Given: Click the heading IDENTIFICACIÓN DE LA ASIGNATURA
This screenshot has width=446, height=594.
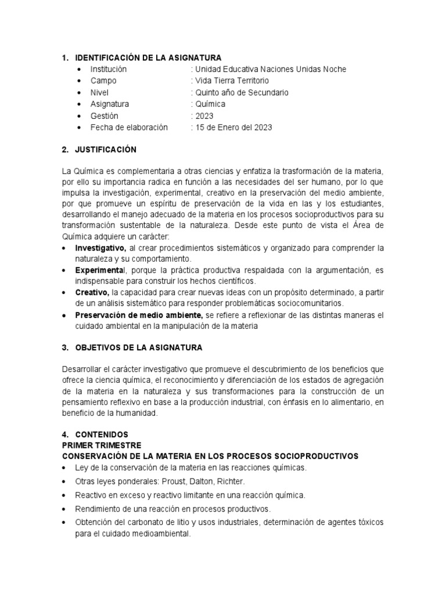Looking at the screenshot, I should point(148,57).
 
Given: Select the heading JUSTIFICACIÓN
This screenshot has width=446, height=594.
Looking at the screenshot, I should point(106,150).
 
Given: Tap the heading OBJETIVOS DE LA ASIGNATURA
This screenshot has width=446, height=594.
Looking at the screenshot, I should point(139,348).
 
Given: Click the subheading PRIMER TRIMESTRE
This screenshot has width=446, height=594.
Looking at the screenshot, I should point(102,445).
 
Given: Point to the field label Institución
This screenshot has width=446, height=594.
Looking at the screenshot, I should point(109,69).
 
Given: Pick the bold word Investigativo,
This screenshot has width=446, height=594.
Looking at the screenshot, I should point(100,248).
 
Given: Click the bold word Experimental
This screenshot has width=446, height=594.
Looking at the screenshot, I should point(100,270).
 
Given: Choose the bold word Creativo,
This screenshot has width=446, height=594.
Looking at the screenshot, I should point(92,292).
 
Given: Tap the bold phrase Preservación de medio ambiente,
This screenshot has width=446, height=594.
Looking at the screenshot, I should point(139,315).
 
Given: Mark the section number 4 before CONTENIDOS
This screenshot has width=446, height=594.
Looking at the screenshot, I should point(64,434).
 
